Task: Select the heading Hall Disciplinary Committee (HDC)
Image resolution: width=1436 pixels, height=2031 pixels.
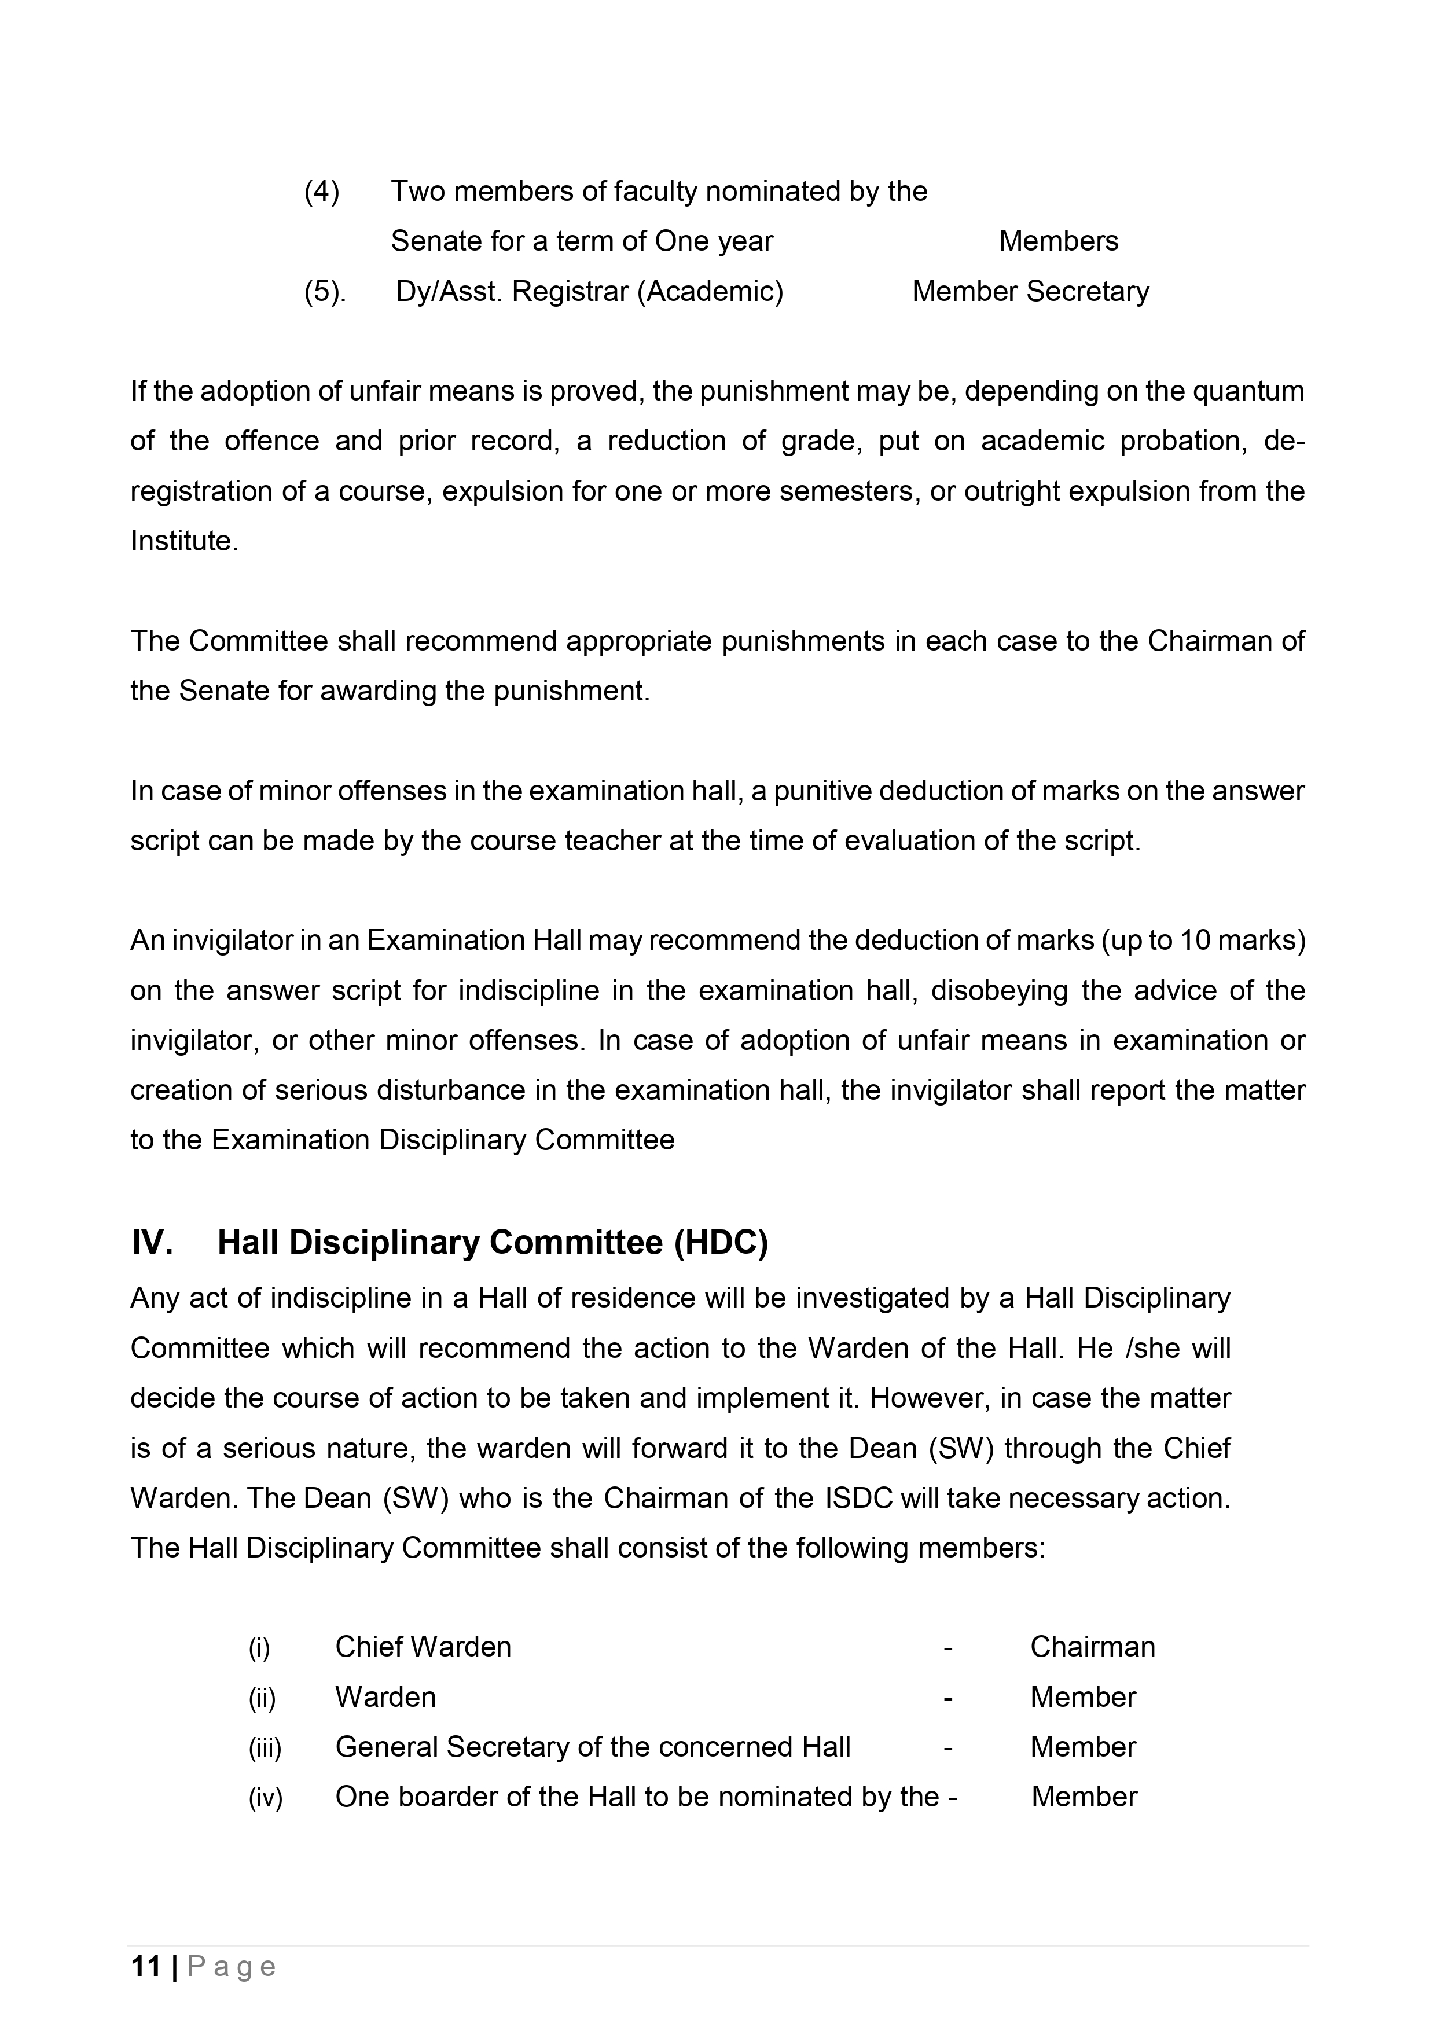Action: point(493,1243)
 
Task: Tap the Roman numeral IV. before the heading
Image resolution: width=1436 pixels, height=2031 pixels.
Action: point(151,1243)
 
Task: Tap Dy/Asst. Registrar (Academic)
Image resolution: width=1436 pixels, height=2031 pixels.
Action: point(589,291)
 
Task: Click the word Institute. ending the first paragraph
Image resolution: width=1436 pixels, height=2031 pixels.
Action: point(184,541)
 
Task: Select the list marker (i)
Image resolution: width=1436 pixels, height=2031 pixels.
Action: point(259,1647)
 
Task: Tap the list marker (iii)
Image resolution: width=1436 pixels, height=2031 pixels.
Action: point(265,1747)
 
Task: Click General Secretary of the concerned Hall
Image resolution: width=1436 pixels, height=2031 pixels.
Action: point(593,1747)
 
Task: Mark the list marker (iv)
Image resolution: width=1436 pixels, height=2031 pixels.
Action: point(265,1798)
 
